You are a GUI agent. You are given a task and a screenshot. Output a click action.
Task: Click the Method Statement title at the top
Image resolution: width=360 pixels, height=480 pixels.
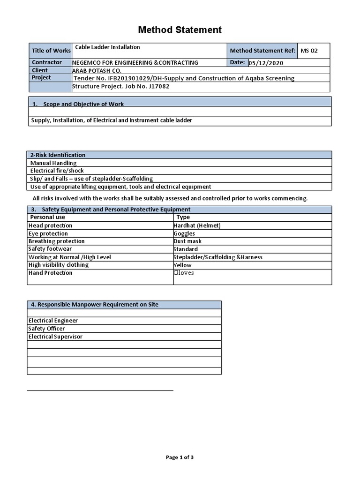(x=180, y=30)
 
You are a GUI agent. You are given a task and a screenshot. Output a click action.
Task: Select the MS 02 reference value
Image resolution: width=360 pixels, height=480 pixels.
(x=309, y=51)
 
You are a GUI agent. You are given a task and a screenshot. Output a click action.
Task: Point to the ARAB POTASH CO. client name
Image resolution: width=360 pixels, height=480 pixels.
(x=96, y=70)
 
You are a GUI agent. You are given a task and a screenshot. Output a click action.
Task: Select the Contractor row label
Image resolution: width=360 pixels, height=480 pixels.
(x=47, y=62)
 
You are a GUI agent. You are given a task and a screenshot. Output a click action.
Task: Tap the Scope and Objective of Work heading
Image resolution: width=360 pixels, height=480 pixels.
(x=83, y=104)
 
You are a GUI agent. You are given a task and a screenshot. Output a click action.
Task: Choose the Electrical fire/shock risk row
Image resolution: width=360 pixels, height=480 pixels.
(x=57, y=171)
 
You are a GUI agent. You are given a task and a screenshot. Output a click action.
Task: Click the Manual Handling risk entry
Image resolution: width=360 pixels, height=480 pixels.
(x=53, y=163)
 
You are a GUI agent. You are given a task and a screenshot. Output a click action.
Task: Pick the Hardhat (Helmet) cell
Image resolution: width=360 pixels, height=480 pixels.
(x=197, y=225)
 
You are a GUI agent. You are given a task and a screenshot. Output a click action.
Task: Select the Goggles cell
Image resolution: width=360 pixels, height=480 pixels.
(x=184, y=233)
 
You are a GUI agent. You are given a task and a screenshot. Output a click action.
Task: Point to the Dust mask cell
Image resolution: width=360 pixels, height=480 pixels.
(x=187, y=241)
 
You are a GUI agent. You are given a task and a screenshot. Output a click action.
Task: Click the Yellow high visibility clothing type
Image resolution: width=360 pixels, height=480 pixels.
(x=182, y=265)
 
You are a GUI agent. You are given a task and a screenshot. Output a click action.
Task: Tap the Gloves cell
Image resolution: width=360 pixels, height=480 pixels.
(x=184, y=273)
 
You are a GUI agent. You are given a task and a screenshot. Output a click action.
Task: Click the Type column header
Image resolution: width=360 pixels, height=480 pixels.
(x=183, y=217)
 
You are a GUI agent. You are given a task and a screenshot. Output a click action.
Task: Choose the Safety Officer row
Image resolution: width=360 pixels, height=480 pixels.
(x=47, y=329)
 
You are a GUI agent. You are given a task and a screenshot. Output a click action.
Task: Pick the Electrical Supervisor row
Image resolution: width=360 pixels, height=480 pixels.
(x=55, y=337)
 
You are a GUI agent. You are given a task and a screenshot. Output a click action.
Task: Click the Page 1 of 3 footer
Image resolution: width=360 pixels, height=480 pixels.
(x=180, y=457)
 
